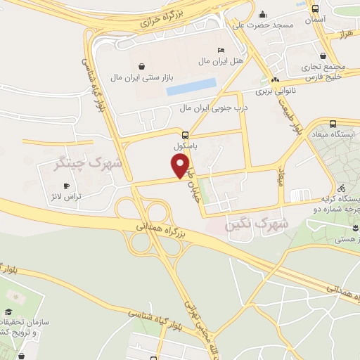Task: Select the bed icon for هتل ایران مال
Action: [x=221, y=51]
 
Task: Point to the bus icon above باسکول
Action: [x=185, y=135]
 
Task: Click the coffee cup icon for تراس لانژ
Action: [x=67, y=186]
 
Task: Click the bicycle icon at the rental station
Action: [x=341, y=188]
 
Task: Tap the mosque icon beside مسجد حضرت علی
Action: [x=262, y=14]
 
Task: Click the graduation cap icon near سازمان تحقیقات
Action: [x=9, y=311]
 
